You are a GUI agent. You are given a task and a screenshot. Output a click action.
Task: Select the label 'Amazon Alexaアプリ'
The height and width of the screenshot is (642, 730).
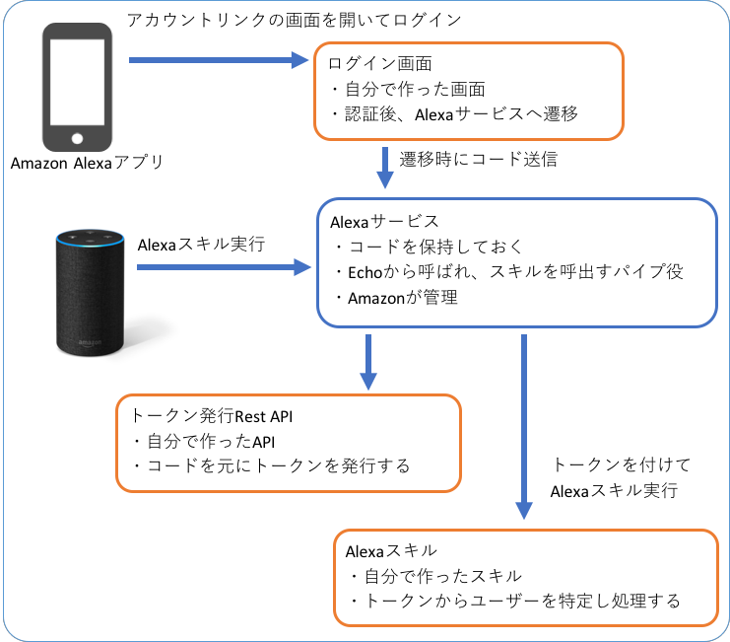87,164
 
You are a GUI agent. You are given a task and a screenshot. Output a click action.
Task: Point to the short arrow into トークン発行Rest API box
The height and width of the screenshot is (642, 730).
367,361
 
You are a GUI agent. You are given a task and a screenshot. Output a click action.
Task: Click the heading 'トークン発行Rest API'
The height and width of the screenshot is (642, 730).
210,415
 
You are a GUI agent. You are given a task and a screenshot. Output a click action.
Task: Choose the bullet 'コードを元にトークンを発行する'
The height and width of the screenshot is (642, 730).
270,464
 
